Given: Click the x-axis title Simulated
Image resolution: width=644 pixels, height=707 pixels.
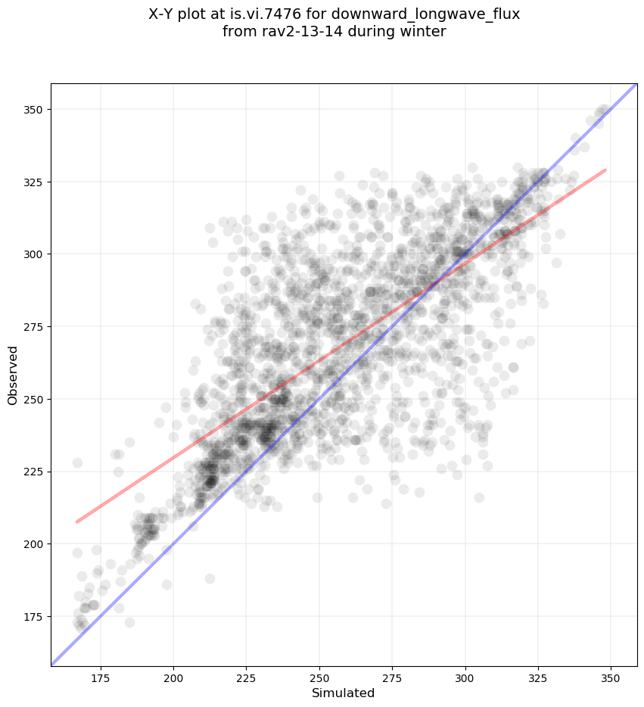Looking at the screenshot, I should (x=344, y=693).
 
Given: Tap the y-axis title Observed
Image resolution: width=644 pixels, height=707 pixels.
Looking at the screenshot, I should (x=13, y=375).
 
